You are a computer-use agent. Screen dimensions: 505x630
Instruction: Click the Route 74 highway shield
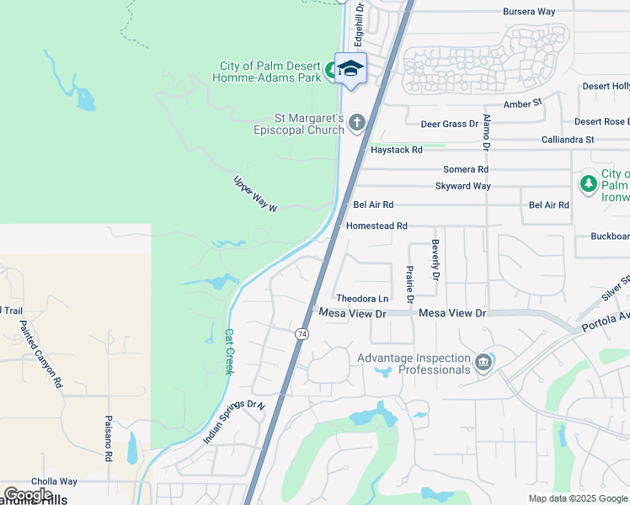tap(302, 334)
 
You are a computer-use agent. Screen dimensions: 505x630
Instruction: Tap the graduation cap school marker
tap(350, 69)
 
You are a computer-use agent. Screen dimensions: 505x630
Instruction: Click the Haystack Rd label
tap(396, 150)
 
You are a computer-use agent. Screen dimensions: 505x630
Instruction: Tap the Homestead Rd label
tap(376, 226)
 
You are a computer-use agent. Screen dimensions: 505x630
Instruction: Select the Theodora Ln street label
tap(362, 299)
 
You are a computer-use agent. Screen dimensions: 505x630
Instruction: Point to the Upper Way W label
tap(255, 194)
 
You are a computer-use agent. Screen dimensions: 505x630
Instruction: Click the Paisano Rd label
tap(109, 439)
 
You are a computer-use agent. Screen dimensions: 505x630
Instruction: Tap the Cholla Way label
tap(55, 482)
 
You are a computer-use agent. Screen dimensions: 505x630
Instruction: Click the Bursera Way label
tap(529, 12)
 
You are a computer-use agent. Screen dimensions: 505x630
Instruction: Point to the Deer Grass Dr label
tap(449, 124)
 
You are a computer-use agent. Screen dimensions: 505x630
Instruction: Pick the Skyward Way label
tap(462, 186)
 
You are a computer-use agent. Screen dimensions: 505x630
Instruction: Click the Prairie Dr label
tap(408, 286)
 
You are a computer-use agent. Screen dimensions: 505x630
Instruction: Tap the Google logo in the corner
tap(27, 495)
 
